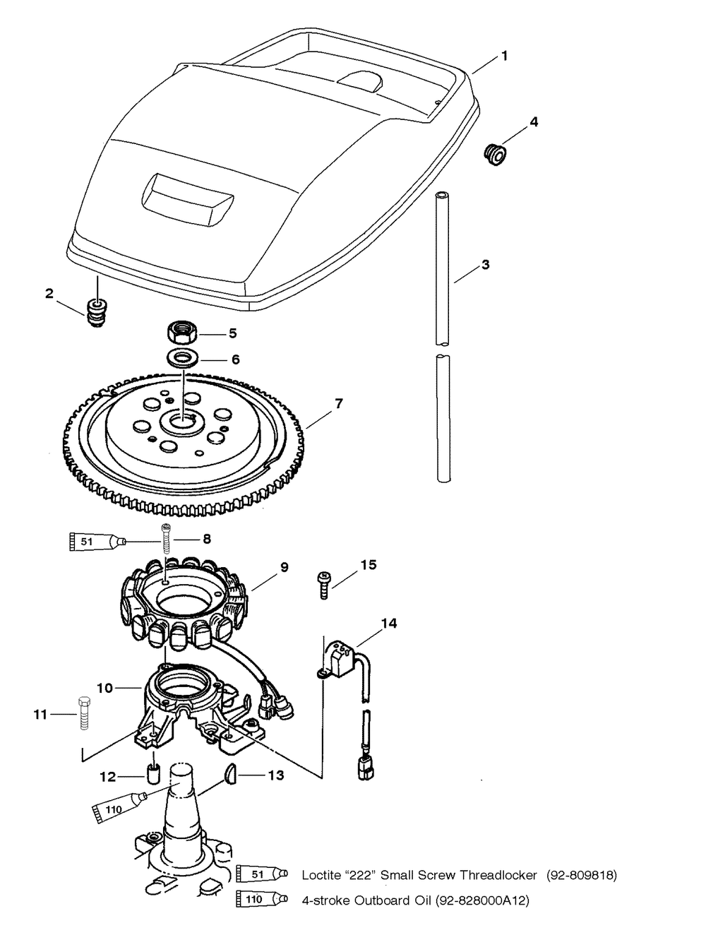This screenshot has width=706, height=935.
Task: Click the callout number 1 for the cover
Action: [x=504, y=56]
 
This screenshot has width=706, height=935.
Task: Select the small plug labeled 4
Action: [x=496, y=153]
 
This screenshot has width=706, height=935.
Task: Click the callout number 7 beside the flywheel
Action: [x=339, y=404]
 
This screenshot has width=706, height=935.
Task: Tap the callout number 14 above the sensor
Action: [x=389, y=624]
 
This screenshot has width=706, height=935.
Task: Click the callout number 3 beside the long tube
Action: [x=485, y=265]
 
